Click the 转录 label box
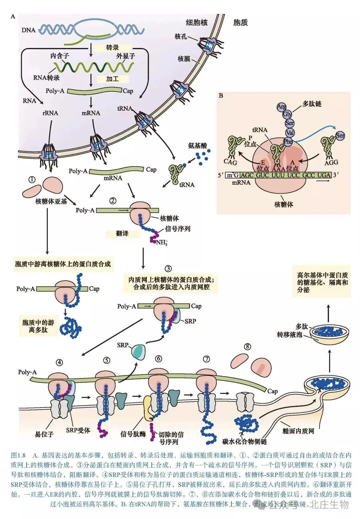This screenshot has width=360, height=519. tap(112, 48)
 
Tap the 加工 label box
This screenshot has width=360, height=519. tap(112, 79)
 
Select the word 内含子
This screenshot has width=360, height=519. tap(60, 56)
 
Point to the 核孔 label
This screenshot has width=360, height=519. tap(181, 36)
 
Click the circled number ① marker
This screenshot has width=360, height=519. tap(32, 180)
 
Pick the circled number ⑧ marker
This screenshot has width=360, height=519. tap(247, 346)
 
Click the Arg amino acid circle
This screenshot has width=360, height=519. tap(281, 107)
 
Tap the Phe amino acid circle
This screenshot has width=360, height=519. tap(288, 142)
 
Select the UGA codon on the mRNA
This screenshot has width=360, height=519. tap(324, 175)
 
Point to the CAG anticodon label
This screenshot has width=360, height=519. tap(230, 162)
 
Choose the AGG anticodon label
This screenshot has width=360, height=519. tap(331, 162)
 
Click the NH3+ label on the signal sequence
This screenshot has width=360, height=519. tap(162, 243)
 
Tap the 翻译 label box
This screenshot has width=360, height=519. tap(122, 234)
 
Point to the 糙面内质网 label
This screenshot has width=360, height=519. tap(298, 431)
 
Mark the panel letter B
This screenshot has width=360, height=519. tap(221, 96)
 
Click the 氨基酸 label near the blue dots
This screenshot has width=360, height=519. tap(197, 146)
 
